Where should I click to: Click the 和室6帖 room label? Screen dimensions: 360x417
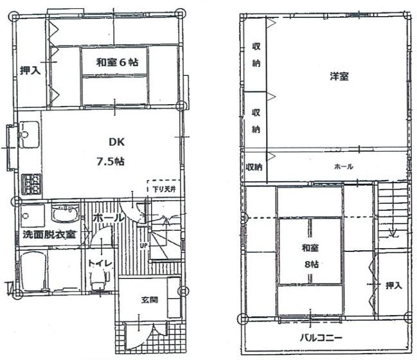point(118,62)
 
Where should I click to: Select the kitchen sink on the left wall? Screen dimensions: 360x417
point(28,137)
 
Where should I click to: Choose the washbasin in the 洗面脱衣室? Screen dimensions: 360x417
point(65,213)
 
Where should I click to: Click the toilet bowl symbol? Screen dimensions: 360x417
point(99,278)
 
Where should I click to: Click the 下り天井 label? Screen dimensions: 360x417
point(161,189)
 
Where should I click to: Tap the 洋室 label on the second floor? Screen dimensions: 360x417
point(339,76)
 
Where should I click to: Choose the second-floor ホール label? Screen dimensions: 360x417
point(342,166)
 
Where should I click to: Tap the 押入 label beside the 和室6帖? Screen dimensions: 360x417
point(30,71)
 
